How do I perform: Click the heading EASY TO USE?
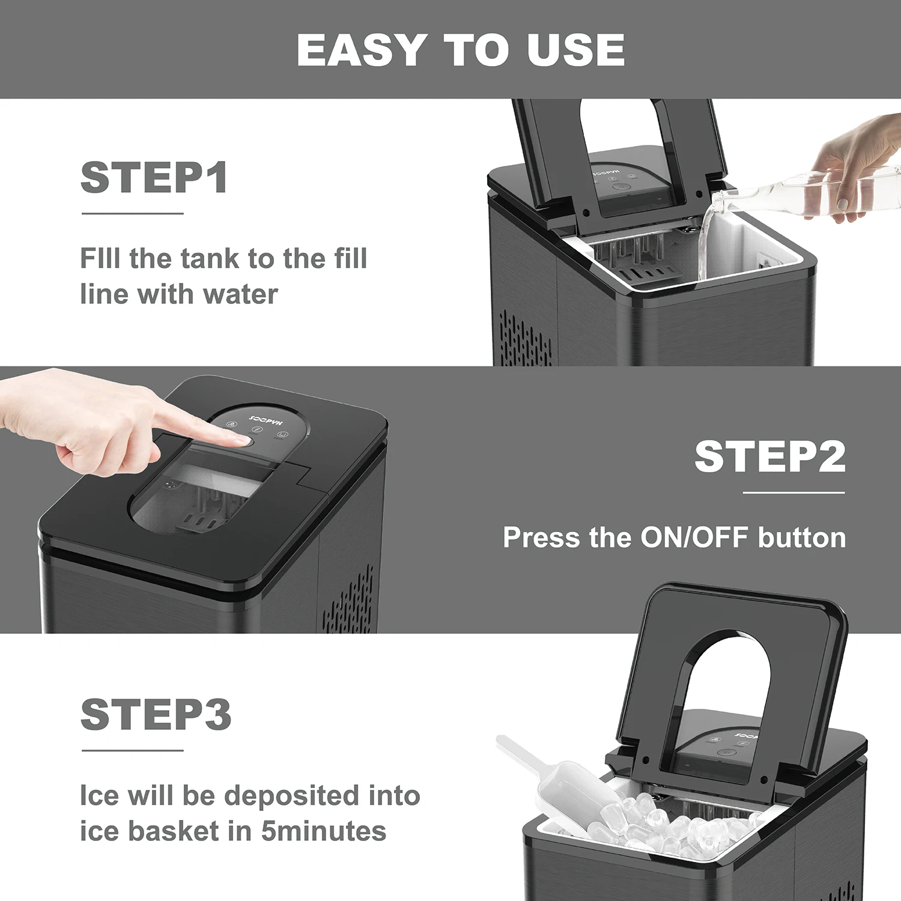click(461, 50)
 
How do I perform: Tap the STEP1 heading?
click(154, 178)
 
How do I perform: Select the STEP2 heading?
click(770, 457)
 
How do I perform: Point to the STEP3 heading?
click(156, 714)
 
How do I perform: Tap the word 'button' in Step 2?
click(802, 538)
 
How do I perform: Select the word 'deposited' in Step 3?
click(292, 796)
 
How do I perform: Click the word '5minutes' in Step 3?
click(324, 831)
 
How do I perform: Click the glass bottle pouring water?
click(799, 195)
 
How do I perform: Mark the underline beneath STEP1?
click(133, 213)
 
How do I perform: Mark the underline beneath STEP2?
click(793, 493)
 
